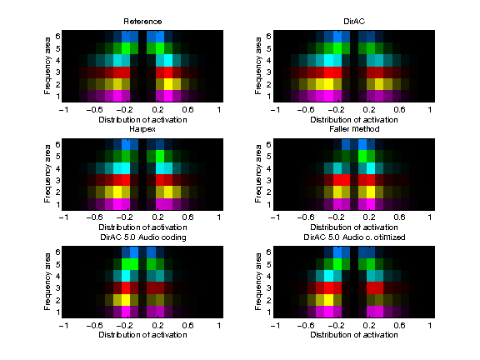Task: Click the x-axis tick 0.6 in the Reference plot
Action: pyautogui.click(x=189, y=109)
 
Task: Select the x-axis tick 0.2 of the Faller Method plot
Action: pyautogui.click(x=368, y=217)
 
